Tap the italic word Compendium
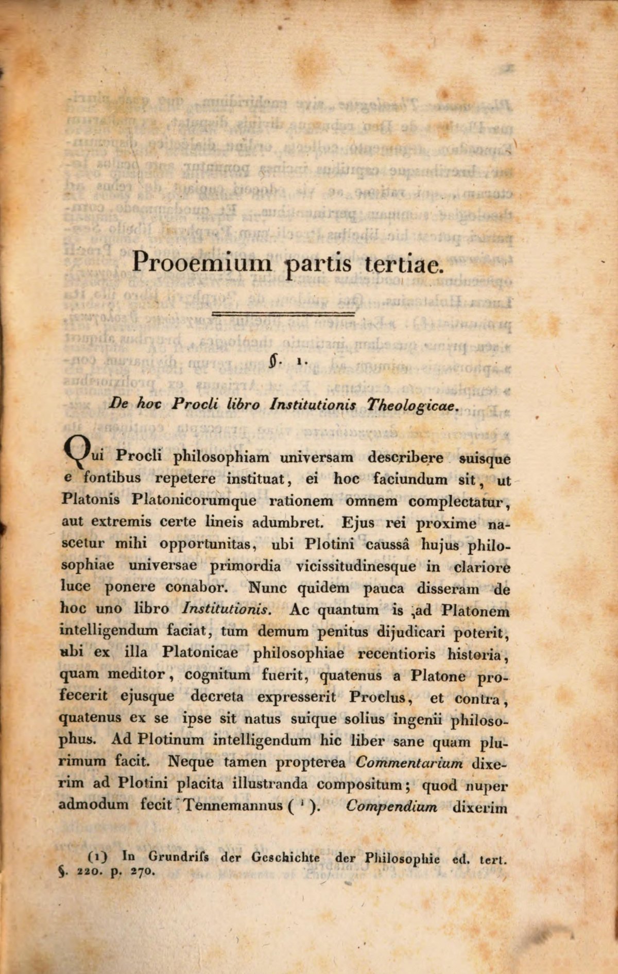392,806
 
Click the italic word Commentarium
409,762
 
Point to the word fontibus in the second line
112,478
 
